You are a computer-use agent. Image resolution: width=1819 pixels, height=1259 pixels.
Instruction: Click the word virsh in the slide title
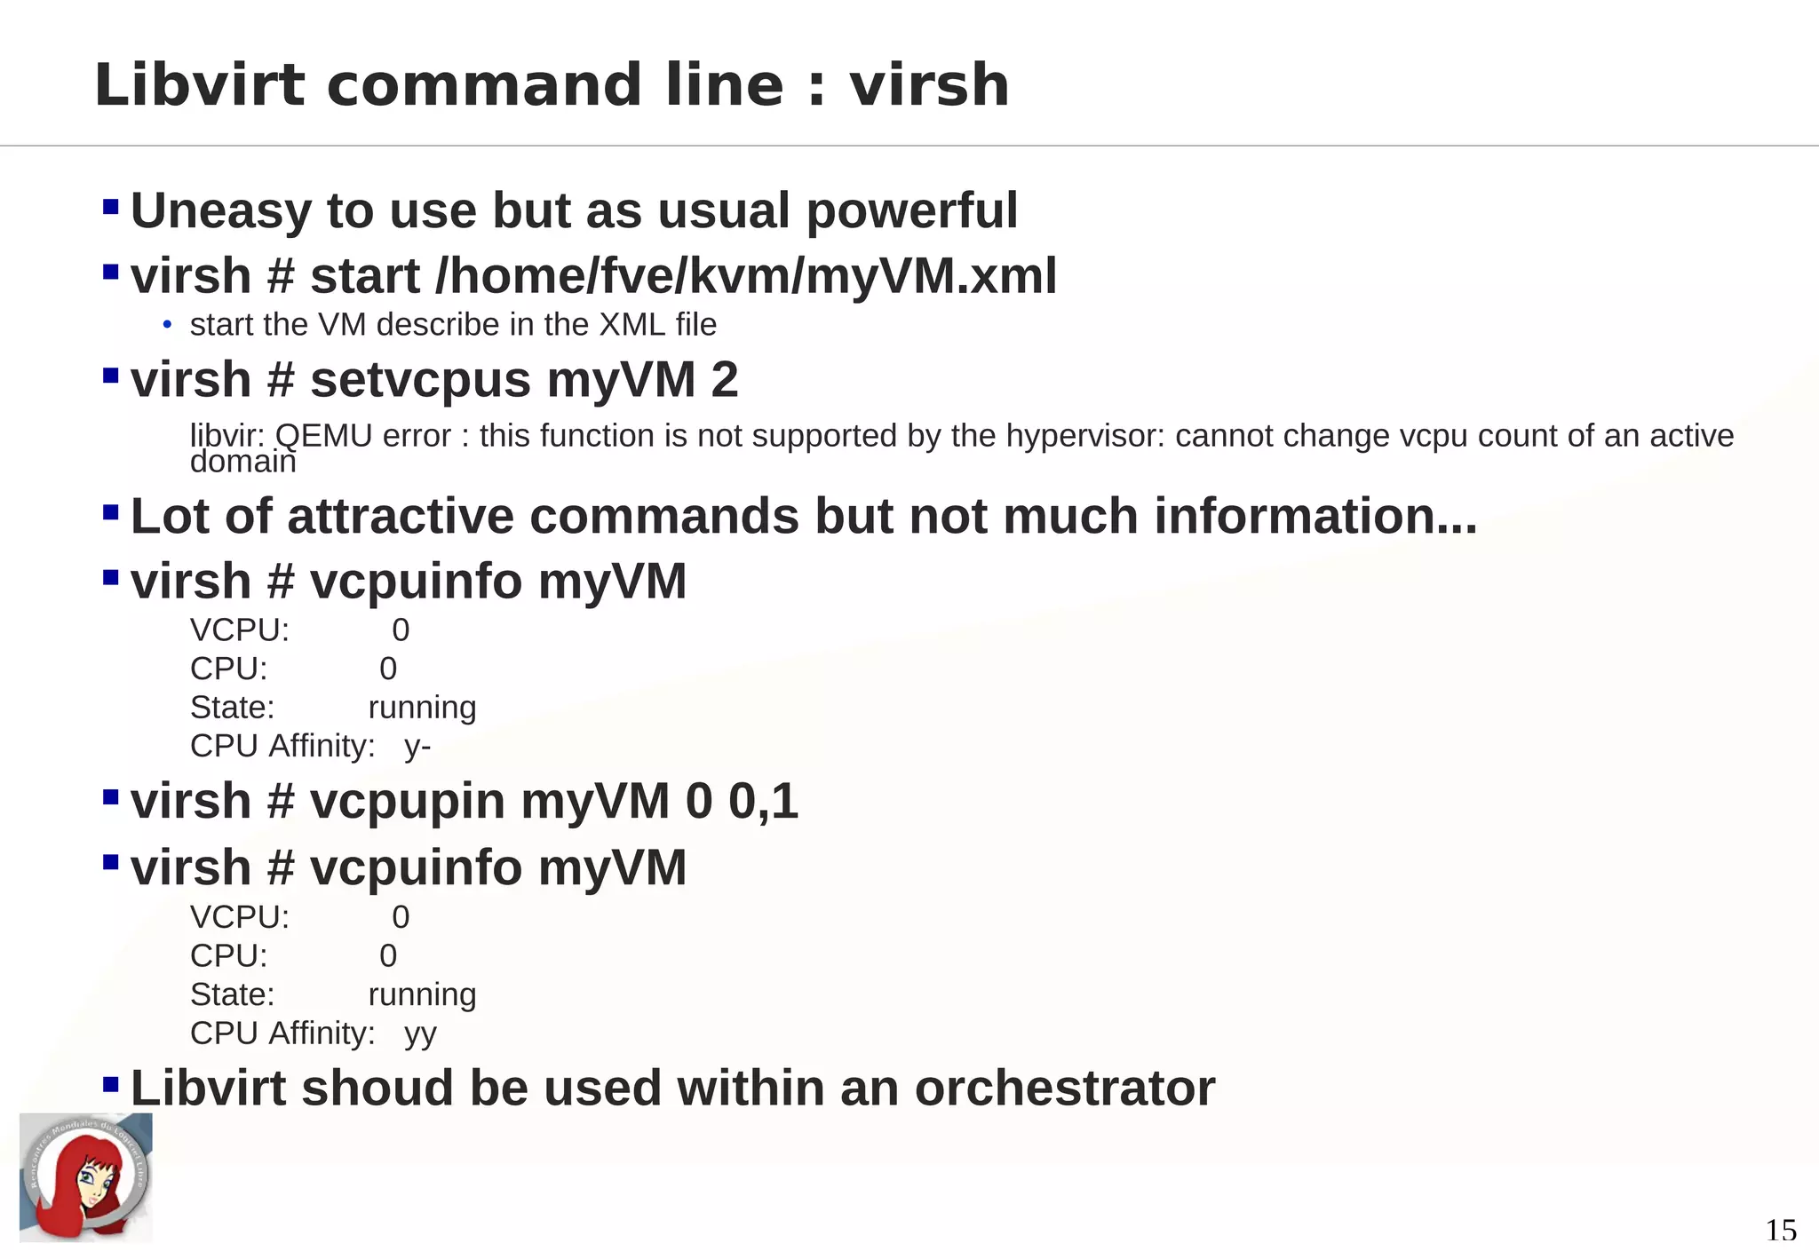point(929,85)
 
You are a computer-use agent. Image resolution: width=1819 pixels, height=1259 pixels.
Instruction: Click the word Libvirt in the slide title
point(199,85)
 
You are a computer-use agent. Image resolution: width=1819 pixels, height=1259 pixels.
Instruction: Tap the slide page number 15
point(1780,1231)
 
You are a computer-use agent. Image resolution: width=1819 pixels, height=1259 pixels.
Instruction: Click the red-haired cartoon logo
point(86,1177)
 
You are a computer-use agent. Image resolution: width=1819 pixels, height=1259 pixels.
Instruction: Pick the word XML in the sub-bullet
point(631,325)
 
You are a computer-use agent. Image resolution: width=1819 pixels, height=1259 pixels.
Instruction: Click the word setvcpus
point(420,381)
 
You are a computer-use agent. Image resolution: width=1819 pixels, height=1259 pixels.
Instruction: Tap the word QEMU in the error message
point(323,436)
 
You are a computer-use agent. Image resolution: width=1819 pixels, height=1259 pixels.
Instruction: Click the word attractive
point(401,517)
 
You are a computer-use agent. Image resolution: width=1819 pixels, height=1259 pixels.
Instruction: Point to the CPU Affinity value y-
point(417,747)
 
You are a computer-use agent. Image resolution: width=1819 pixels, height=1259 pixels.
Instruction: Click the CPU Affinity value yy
point(420,1034)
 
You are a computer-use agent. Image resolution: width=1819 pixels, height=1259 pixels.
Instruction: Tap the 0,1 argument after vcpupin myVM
point(763,802)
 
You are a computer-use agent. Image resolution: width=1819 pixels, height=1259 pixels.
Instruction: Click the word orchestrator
point(1064,1089)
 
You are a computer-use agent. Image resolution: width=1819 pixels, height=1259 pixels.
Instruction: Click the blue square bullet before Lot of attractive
point(111,512)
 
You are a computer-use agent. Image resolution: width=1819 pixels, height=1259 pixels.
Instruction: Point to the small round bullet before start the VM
point(167,325)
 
